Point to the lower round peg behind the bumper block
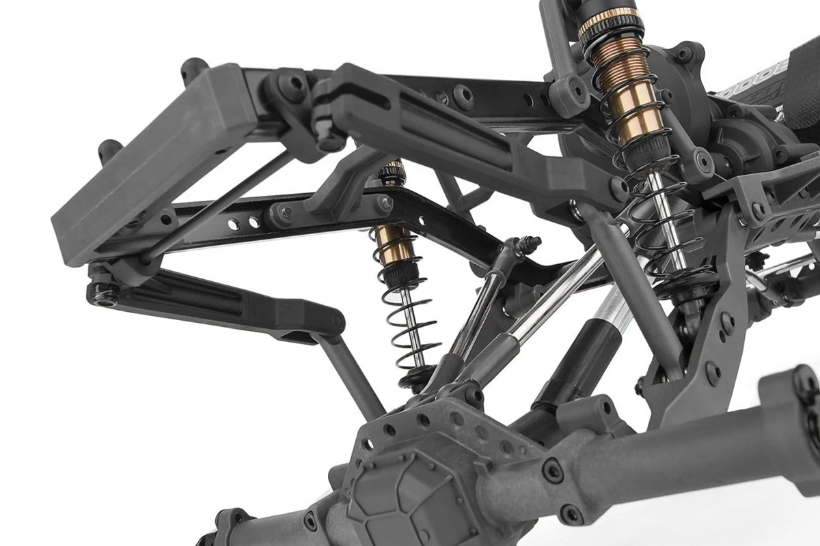click(109, 148)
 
